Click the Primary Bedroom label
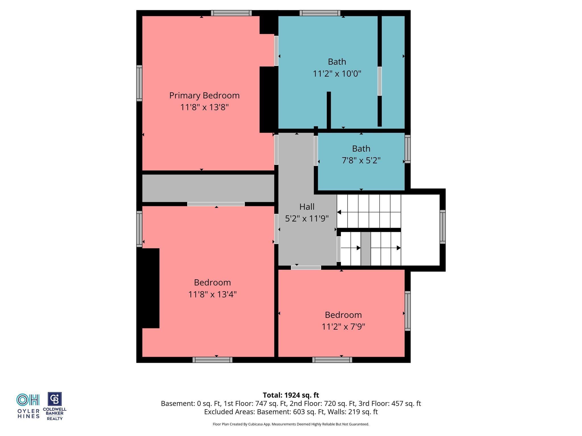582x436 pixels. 204,95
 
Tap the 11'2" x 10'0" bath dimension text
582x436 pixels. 337,74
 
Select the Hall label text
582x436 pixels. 307,207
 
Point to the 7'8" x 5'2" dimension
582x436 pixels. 361,160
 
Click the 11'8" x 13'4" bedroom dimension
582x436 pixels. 212,294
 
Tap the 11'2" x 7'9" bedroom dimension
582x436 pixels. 343,327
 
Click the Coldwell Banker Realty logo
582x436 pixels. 55,406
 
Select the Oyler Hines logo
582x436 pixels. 28,406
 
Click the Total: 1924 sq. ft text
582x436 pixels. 291,395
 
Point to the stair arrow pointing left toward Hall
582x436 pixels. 369,212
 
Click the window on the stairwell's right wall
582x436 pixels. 442,227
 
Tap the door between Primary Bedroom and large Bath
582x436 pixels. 276,51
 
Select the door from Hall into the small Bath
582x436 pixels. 316,151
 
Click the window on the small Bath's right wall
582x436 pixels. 408,149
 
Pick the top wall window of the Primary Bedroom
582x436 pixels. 231,13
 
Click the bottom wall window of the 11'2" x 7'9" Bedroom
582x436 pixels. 332,360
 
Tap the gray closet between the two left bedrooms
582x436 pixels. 208,188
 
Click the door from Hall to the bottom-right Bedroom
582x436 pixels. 306,268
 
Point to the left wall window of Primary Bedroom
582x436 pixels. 139,83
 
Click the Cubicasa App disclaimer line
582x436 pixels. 291,424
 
